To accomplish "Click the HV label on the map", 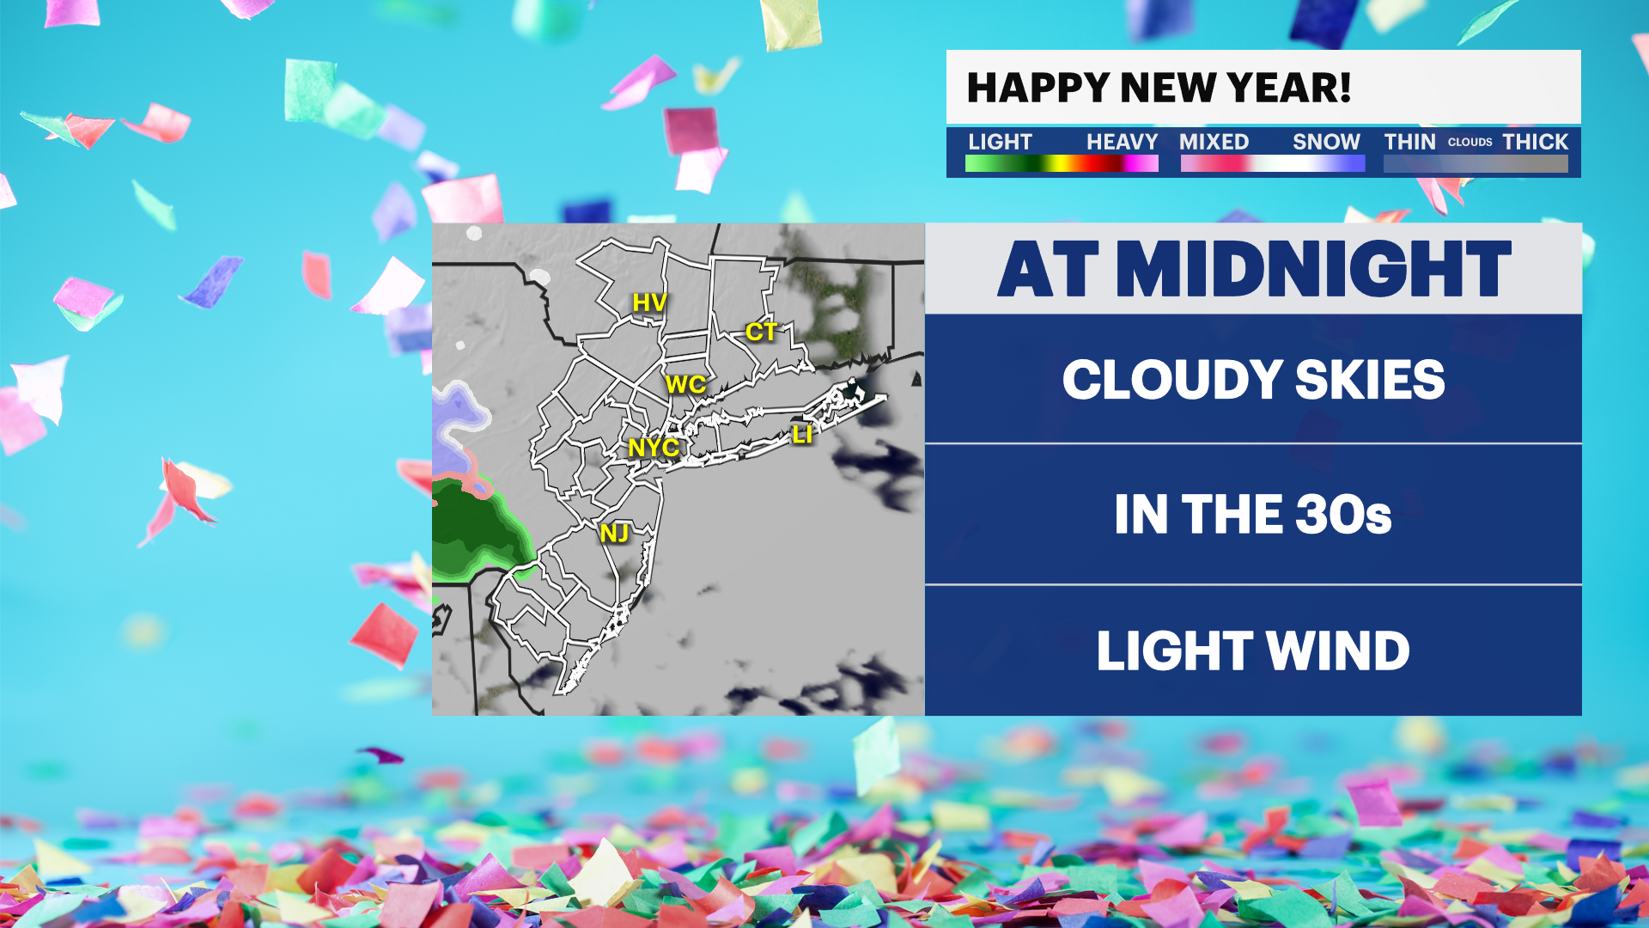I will point(649,302).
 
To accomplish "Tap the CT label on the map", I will point(761,332).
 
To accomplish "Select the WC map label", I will point(685,385).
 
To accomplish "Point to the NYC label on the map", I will point(654,448).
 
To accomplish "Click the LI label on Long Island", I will point(802,435).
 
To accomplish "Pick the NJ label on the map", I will point(614,534).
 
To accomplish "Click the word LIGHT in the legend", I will point(1000,142).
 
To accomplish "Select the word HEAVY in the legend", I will point(1122,142).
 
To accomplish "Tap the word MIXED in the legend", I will point(1214,142).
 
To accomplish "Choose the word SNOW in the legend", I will point(1326,142).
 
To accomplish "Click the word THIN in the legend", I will point(1409,142).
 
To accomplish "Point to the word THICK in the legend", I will point(1535,142).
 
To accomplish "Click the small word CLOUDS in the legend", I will point(1469,143).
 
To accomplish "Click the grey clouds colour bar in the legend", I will point(1476,163).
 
